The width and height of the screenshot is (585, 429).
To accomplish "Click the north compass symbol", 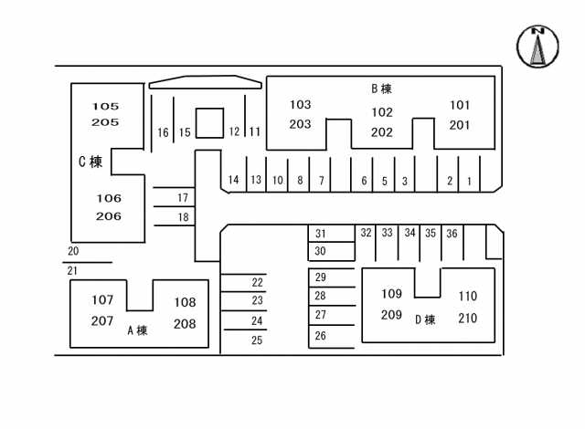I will coord(538,47).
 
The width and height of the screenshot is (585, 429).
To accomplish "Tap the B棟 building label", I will coord(381,89).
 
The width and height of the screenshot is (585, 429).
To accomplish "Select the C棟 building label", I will coord(90,162).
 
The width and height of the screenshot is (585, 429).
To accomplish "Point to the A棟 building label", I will coord(137,330).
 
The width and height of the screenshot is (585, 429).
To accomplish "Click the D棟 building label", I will coord(425,319).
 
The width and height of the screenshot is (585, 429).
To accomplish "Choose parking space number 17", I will coord(182,198).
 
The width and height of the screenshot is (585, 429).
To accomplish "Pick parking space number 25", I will coord(257,340).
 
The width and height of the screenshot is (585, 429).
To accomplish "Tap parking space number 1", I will coord(469,182).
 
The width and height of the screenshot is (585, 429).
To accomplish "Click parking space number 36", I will coord(452,234).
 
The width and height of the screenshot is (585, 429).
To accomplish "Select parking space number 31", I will coord(321,234).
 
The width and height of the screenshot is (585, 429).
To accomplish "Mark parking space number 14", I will coord(234,180).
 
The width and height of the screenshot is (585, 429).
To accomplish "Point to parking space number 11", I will coord(254,131).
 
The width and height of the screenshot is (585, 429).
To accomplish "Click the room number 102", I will coord(382,112).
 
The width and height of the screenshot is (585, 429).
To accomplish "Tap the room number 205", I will coord(105,122).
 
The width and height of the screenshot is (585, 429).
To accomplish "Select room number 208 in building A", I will coord(185,323).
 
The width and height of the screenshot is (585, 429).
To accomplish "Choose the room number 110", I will coord(467,297).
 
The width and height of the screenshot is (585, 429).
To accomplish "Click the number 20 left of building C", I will coord(73,251).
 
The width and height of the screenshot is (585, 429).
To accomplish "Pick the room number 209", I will coord(391,315).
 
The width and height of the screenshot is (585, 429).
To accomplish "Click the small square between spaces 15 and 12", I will coord(209,123).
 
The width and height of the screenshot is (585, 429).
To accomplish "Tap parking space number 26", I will coord(321,336).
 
